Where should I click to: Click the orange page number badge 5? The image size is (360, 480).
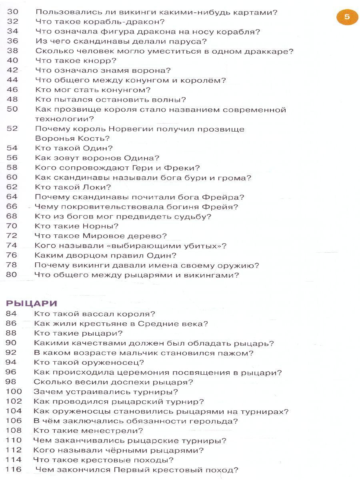347,17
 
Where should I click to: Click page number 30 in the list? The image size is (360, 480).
12,12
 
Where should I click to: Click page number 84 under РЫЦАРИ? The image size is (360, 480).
12,314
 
